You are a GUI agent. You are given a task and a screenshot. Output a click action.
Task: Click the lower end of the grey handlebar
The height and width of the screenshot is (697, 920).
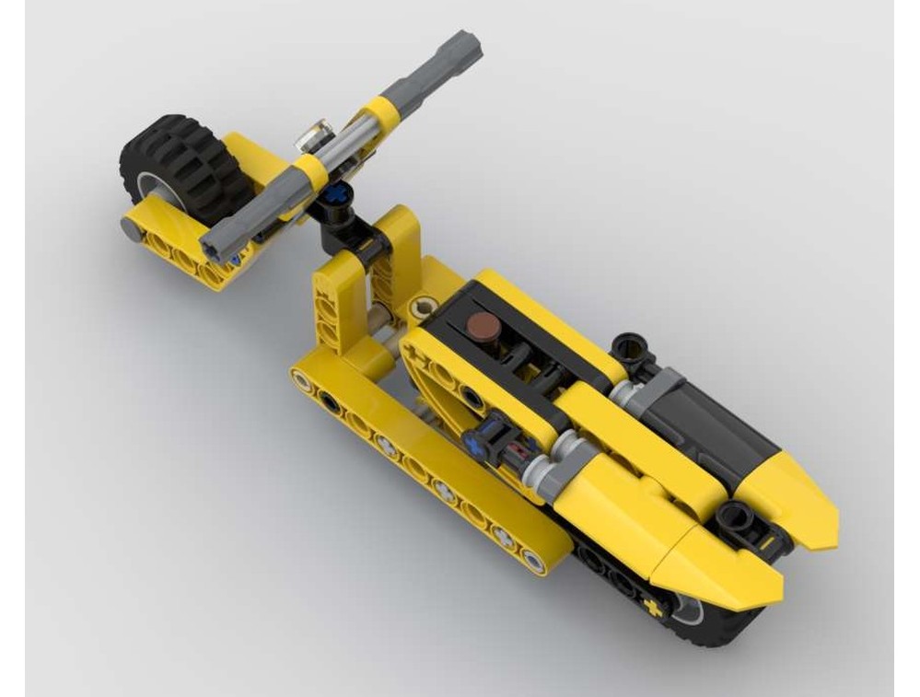[215, 244]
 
